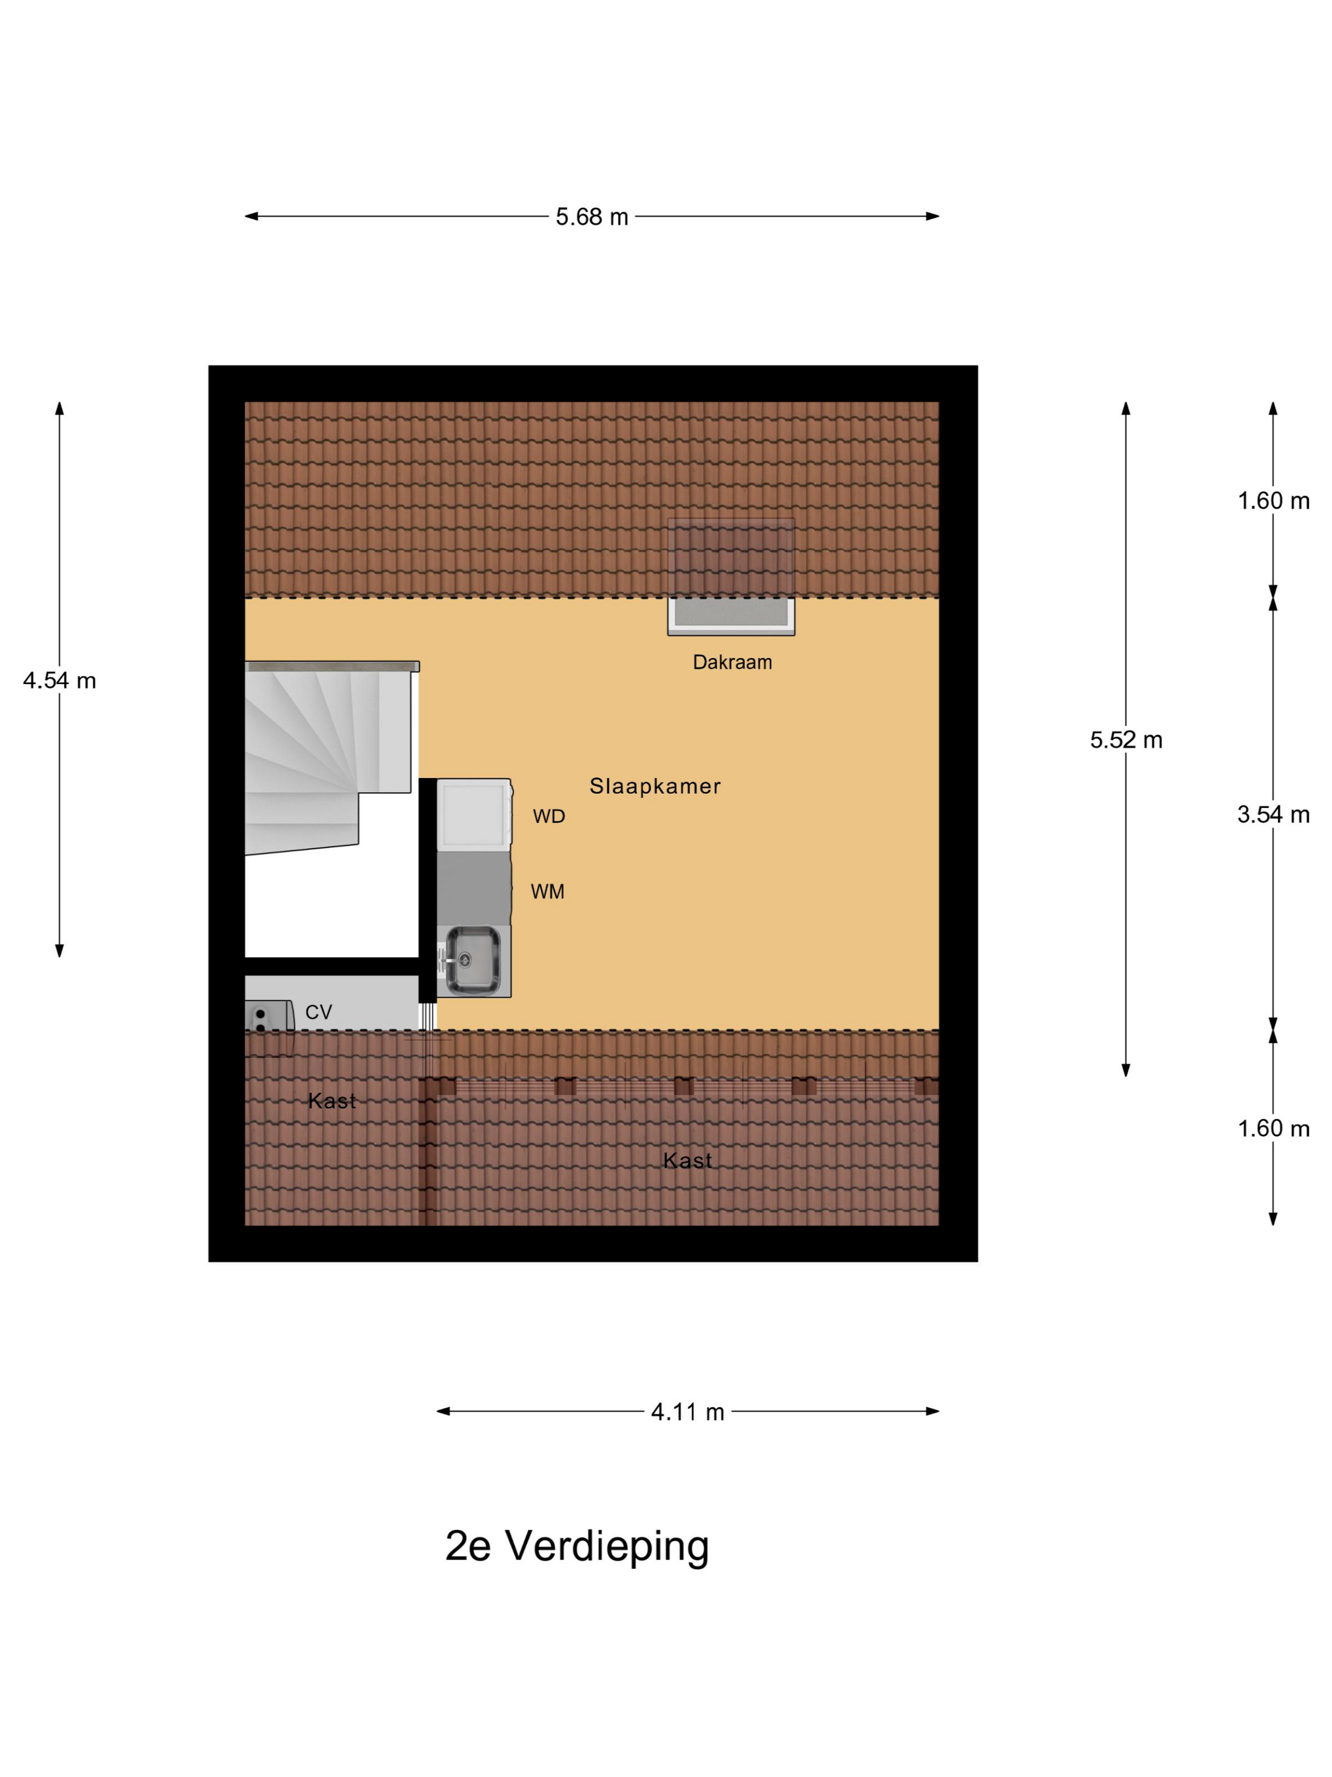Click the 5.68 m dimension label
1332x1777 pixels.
tap(592, 217)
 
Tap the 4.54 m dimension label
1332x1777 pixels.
tap(60, 680)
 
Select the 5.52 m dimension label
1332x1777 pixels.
tap(1126, 739)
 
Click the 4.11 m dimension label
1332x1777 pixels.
tap(688, 1411)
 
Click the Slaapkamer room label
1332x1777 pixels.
tap(655, 786)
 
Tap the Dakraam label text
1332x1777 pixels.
tap(732, 662)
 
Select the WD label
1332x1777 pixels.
tap(549, 816)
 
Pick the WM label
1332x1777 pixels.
tap(547, 891)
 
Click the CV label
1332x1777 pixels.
tap(318, 1012)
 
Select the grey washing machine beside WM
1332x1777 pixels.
tap(474, 888)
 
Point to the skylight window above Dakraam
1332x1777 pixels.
tap(731, 577)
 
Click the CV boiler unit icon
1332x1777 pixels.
tap(269, 1018)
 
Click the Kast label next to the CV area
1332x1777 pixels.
tap(332, 1100)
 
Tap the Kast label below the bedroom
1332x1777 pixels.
tap(688, 1160)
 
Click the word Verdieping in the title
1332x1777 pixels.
tap(607, 1547)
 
